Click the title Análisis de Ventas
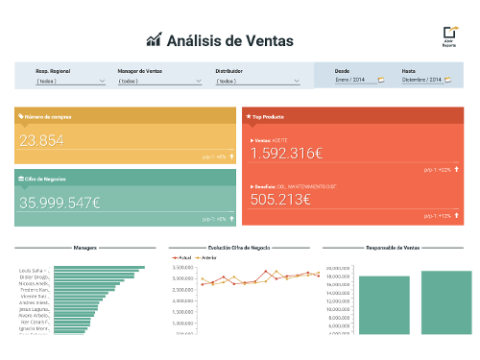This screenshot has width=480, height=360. pyautogui.click(x=230, y=40)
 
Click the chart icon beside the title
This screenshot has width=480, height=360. pyautogui.click(x=154, y=40)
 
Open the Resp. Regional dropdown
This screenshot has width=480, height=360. pyautogui.click(x=70, y=82)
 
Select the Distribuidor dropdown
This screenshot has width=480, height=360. pyautogui.click(x=257, y=82)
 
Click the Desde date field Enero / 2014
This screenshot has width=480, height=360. pyautogui.click(x=354, y=80)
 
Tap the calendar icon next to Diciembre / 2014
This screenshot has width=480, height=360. pyautogui.click(x=448, y=80)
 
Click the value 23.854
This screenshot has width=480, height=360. pyautogui.click(x=41, y=141)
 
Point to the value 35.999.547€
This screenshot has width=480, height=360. pyautogui.click(x=60, y=203)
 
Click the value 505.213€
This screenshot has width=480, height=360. pyautogui.click(x=279, y=200)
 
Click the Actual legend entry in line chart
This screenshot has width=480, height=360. pyautogui.click(x=184, y=257)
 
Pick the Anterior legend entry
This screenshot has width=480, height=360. pyautogui.click(x=205, y=257)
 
